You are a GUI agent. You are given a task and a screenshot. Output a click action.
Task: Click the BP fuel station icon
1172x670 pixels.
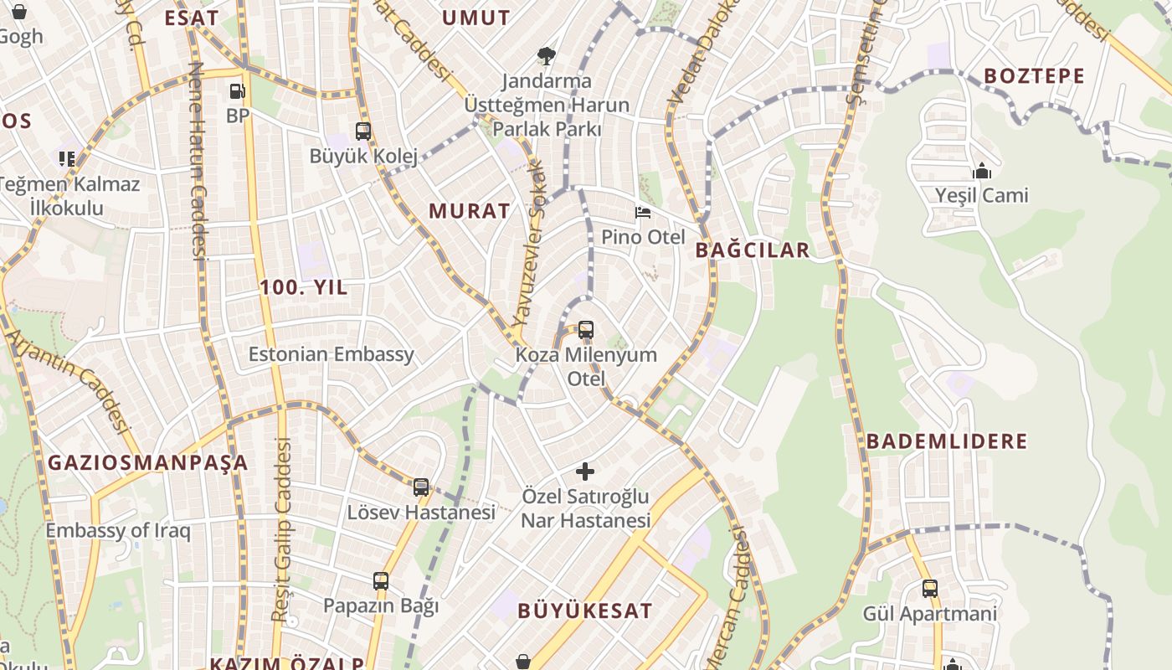(237, 90)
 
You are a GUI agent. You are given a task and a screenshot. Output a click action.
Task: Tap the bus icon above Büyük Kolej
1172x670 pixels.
(362, 131)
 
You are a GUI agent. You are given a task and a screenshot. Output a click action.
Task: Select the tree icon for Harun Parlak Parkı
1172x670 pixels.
(547, 56)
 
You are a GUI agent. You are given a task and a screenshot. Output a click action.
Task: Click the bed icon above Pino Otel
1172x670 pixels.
(643, 213)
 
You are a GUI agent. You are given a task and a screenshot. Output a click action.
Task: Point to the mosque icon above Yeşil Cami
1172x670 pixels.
(981, 172)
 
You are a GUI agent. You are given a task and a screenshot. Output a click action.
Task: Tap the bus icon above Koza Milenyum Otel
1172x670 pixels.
(586, 330)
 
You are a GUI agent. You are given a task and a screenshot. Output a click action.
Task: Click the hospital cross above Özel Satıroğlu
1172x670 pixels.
(586, 472)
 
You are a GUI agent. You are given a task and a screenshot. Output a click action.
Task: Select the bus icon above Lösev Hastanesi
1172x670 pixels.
(421, 487)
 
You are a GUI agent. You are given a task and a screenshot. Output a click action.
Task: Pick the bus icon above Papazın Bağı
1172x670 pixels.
(381, 580)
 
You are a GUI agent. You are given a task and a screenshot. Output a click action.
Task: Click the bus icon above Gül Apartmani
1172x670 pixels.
(929, 588)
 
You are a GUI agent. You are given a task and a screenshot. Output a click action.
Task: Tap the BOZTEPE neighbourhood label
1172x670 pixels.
(1034, 76)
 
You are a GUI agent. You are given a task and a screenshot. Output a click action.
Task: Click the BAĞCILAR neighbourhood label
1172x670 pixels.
(753, 250)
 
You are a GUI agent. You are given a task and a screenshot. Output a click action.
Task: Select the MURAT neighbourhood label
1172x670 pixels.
(470, 211)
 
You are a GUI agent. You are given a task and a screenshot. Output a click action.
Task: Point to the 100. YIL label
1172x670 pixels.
(303, 287)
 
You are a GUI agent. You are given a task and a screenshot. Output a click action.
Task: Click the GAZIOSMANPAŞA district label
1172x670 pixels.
(148, 462)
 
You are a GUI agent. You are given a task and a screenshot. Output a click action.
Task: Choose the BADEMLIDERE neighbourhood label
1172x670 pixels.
(947, 441)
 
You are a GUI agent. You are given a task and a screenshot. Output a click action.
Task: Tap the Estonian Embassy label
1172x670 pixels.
(332, 354)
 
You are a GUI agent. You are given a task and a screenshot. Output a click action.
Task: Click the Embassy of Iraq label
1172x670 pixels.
(118, 531)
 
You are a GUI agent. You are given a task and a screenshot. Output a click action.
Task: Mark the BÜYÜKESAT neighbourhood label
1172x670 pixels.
(584, 611)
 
